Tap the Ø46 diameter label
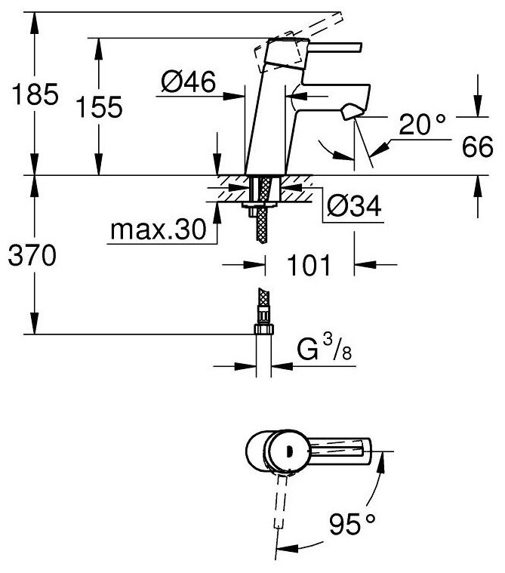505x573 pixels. point(188,79)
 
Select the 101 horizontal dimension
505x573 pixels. point(309,264)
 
